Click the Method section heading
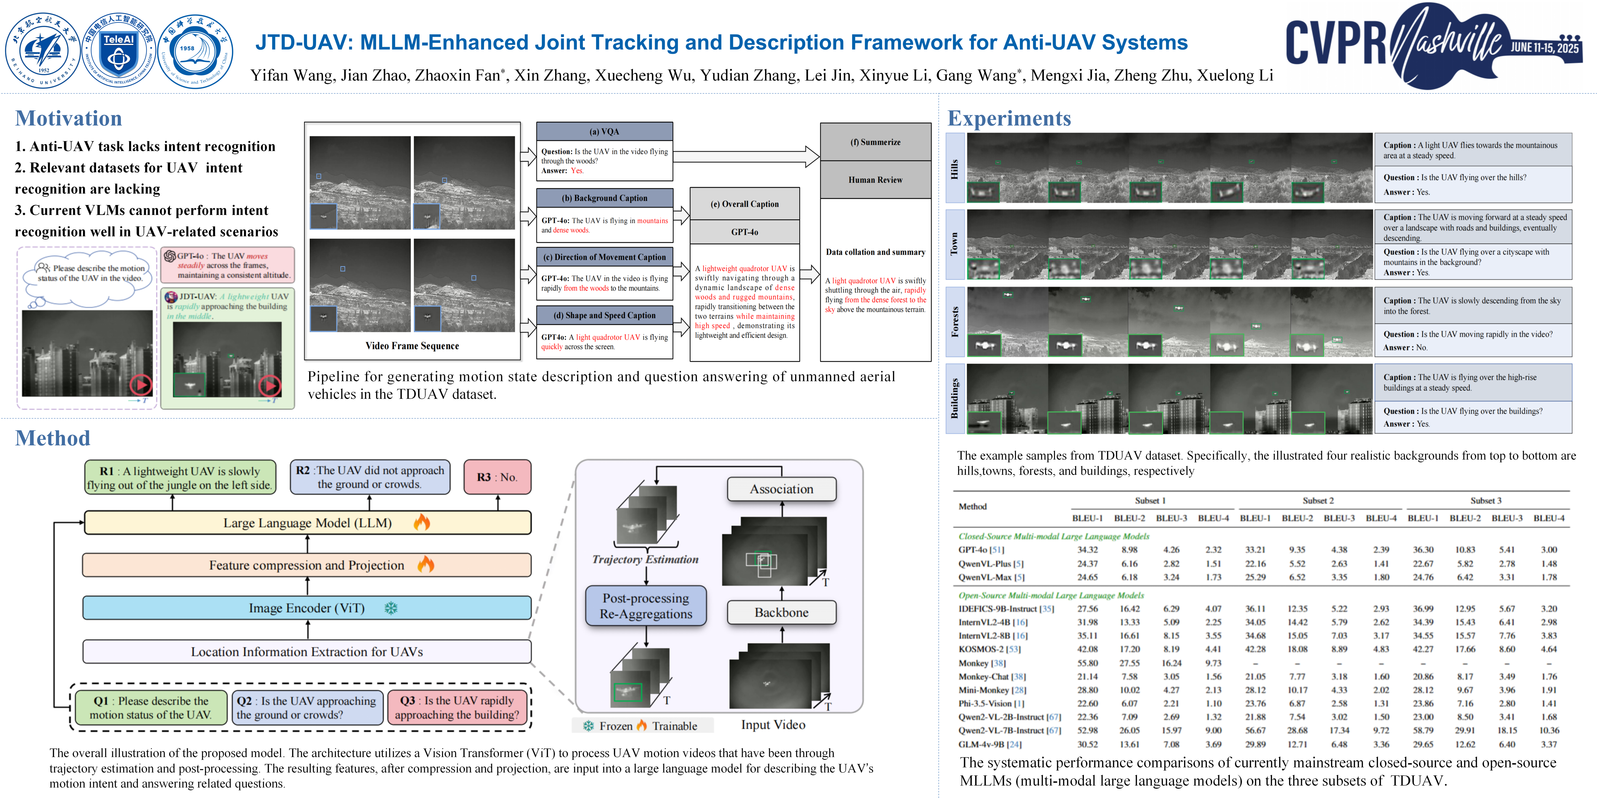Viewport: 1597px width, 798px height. coord(53,438)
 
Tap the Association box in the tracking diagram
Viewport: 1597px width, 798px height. coord(781,489)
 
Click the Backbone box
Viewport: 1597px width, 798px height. coord(781,612)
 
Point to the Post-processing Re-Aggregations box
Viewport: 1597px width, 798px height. coord(646,606)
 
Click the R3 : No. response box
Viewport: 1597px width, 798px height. coord(497,477)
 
